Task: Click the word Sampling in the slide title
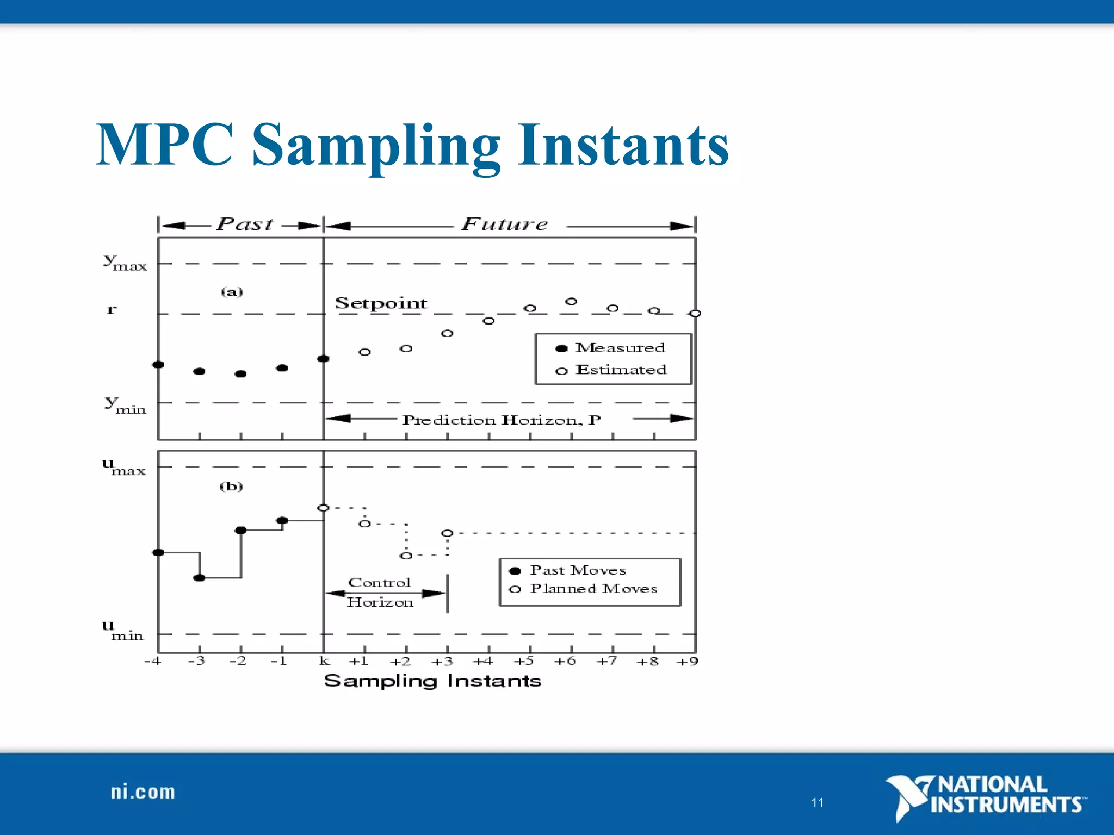pos(375,146)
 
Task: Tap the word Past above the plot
pos(245,224)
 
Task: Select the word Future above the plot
pos(505,224)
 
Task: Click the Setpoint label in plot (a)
pos(381,303)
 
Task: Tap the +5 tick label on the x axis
pos(524,661)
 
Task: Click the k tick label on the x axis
pos(324,661)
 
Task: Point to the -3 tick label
pos(196,661)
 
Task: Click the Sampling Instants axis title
pos(432,681)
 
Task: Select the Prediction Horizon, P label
pos(501,420)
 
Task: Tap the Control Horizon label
pos(380,593)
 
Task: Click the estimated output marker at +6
pos(571,301)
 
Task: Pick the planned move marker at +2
pos(406,556)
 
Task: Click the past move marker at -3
pos(200,577)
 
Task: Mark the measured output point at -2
pos(240,373)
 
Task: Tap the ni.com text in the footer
pos(143,792)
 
